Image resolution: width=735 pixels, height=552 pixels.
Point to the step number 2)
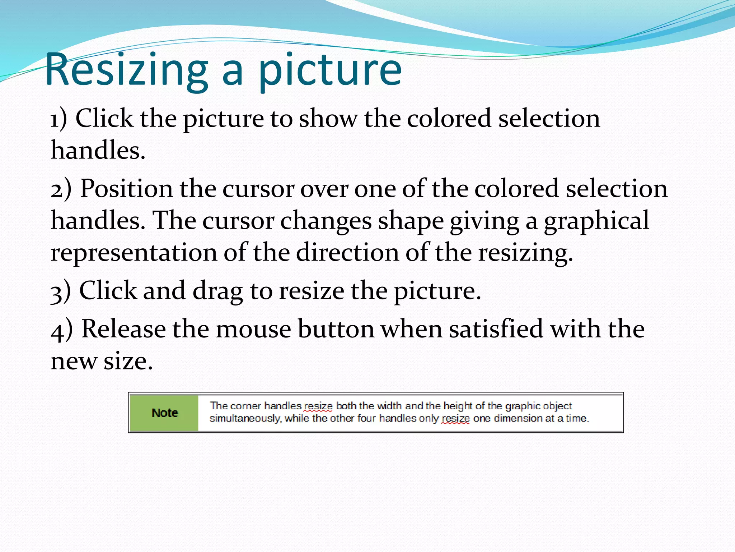pyautogui.click(x=61, y=189)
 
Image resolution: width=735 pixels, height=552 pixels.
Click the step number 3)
pyautogui.click(x=61, y=291)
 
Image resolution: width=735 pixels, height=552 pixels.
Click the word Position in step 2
pyautogui.click(x=126, y=189)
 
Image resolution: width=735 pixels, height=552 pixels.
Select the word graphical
pyautogui.click(x=596, y=221)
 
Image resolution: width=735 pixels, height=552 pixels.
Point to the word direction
pyautogui.click(x=347, y=252)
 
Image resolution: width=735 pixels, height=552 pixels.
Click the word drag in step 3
pyautogui.click(x=218, y=291)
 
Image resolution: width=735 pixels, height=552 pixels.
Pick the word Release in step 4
pyautogui.click(x=123, y=329)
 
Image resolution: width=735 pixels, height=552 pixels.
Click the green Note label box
pyautogui.click(x=164, y=413)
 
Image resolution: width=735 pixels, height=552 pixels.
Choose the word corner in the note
pyautogui.click(x=246, y=406)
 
